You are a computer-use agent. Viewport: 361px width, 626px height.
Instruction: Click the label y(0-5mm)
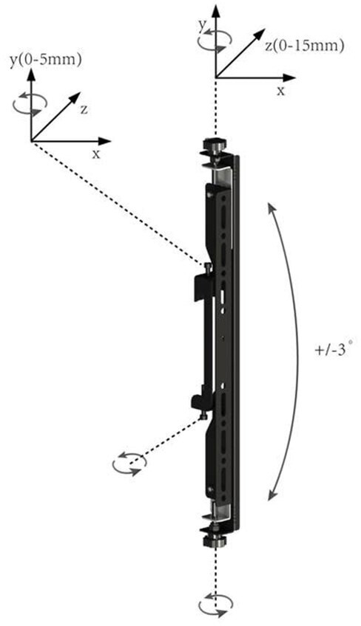point(46,61)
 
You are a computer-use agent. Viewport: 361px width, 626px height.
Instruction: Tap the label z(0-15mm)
point(304,46)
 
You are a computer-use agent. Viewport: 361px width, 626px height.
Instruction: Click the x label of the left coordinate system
point(96,154)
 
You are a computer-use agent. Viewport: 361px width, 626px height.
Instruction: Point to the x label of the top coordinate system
point(281,91)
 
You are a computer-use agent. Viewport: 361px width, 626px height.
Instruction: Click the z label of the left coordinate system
point(84,110)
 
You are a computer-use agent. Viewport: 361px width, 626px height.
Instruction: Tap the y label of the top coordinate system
point(203,24)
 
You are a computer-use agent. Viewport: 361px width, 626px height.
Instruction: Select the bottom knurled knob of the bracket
point(215,540)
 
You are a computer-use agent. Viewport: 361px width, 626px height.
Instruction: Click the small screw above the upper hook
point(207,268)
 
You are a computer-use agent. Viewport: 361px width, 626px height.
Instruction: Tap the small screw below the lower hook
point(203,415)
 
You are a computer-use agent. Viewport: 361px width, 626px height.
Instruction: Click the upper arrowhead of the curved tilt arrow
point(272,208)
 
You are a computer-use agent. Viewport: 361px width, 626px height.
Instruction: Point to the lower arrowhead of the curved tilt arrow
point(273,495)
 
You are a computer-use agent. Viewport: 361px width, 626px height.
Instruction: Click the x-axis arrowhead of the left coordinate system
point(105,141)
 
